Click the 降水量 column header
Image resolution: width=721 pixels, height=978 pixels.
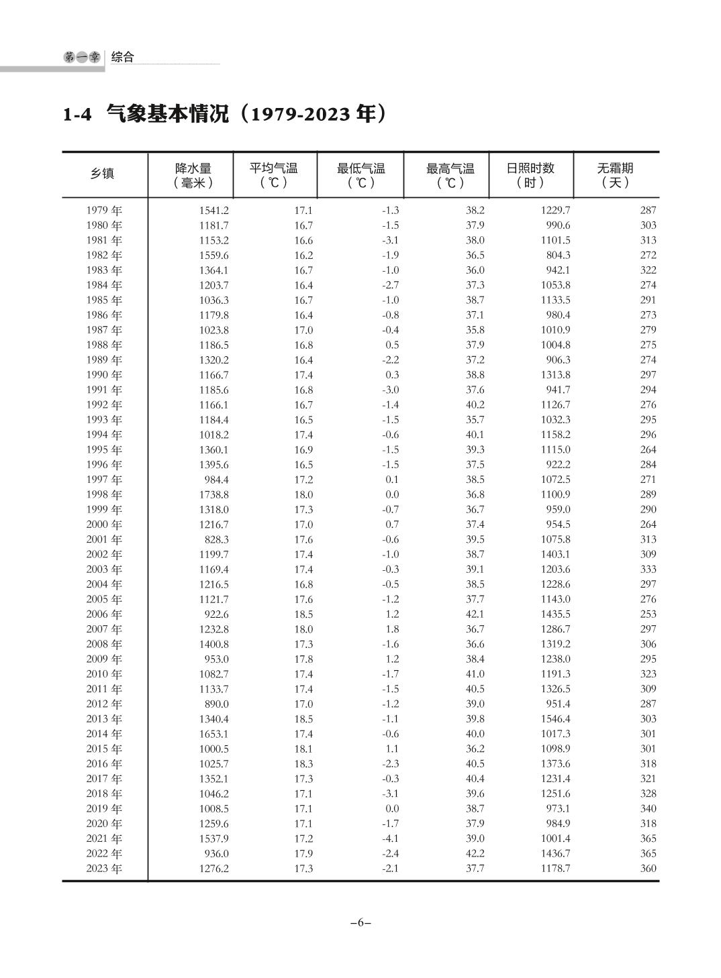coord(193,175)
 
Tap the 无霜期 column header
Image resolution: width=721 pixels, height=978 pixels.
coord(615,175)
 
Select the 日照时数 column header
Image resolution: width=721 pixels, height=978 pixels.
coord(530,175)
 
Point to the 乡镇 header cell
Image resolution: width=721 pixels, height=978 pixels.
coord(103,174)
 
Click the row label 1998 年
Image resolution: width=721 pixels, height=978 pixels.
coord(104,495)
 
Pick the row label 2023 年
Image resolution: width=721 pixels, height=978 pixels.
coord(104,869)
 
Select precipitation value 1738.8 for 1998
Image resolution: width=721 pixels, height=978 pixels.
coord(213,495)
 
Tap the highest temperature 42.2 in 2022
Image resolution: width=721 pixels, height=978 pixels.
coord(475,854)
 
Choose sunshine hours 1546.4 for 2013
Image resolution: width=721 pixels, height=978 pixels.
coord(555,719)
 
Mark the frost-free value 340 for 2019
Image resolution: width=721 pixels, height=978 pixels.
coord(648,809)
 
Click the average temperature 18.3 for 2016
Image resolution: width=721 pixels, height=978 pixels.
coord(303,764)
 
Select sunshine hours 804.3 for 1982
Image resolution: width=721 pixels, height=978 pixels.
coord(558,256)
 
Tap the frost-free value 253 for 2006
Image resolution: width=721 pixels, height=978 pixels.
coord(648,614)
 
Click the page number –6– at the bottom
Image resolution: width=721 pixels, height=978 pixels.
coord(360,922)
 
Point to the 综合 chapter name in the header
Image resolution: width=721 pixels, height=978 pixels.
coord(123,58)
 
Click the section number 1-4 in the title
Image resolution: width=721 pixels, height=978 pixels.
coord(77,115)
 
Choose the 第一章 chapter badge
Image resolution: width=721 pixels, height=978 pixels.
coord(82,58)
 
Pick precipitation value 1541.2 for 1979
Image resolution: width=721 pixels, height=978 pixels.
coord(213,211)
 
